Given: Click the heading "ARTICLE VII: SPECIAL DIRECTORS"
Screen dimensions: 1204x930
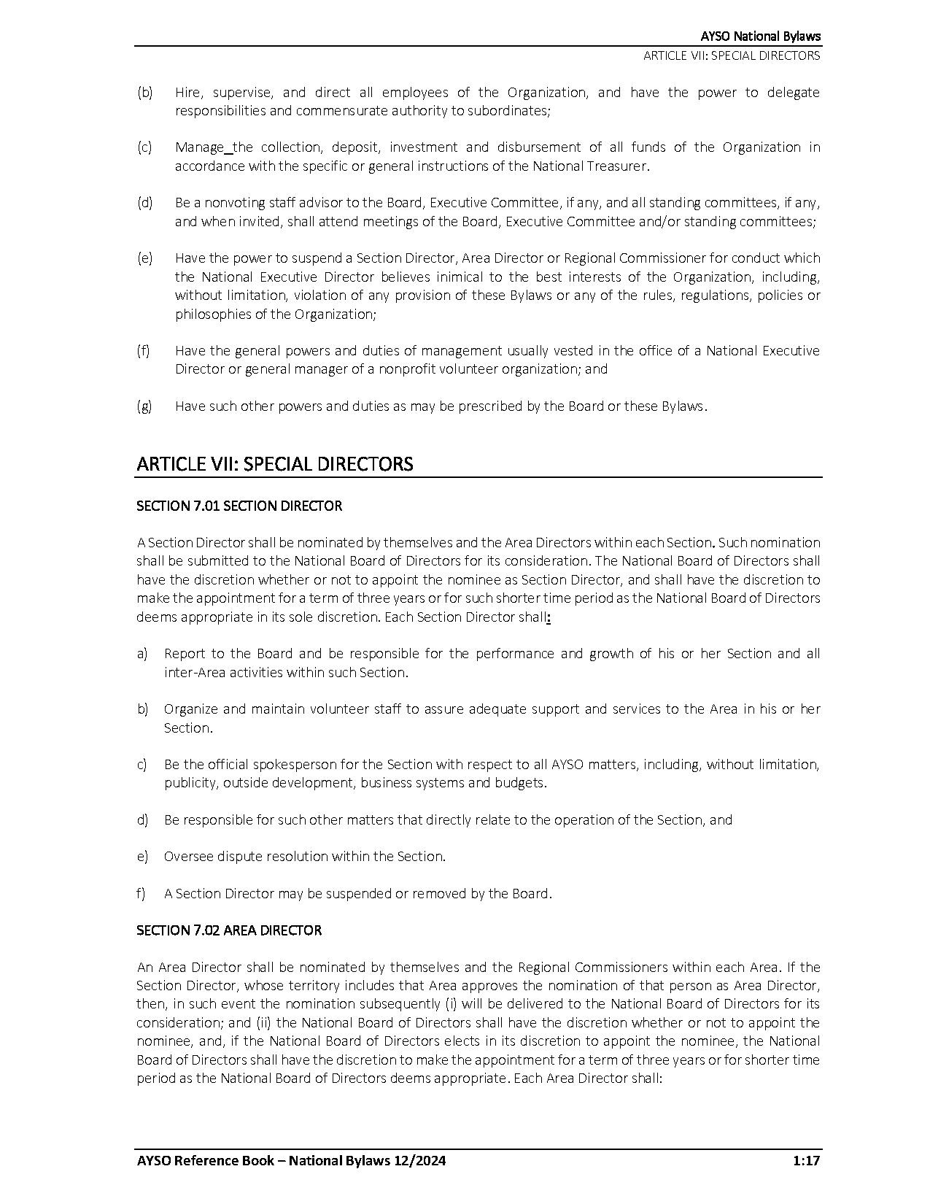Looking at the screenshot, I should pos(275,464).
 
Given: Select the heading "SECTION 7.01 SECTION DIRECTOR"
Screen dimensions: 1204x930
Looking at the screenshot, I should pos(239,506).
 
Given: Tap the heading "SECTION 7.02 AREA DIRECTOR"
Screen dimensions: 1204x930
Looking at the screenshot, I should pos(229,930).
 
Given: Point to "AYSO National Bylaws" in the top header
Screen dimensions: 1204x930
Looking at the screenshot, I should pos(760,36).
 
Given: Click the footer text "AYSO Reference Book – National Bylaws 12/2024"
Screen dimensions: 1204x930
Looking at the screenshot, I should pos(291,1161).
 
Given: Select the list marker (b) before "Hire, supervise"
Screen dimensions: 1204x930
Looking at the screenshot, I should pos(144,93).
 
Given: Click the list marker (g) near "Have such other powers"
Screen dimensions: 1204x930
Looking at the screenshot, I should pos(144,406).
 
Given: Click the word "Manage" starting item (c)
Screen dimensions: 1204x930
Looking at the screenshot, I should pos(199,147).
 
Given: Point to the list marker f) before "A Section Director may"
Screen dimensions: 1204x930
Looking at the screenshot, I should pos(142,893).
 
